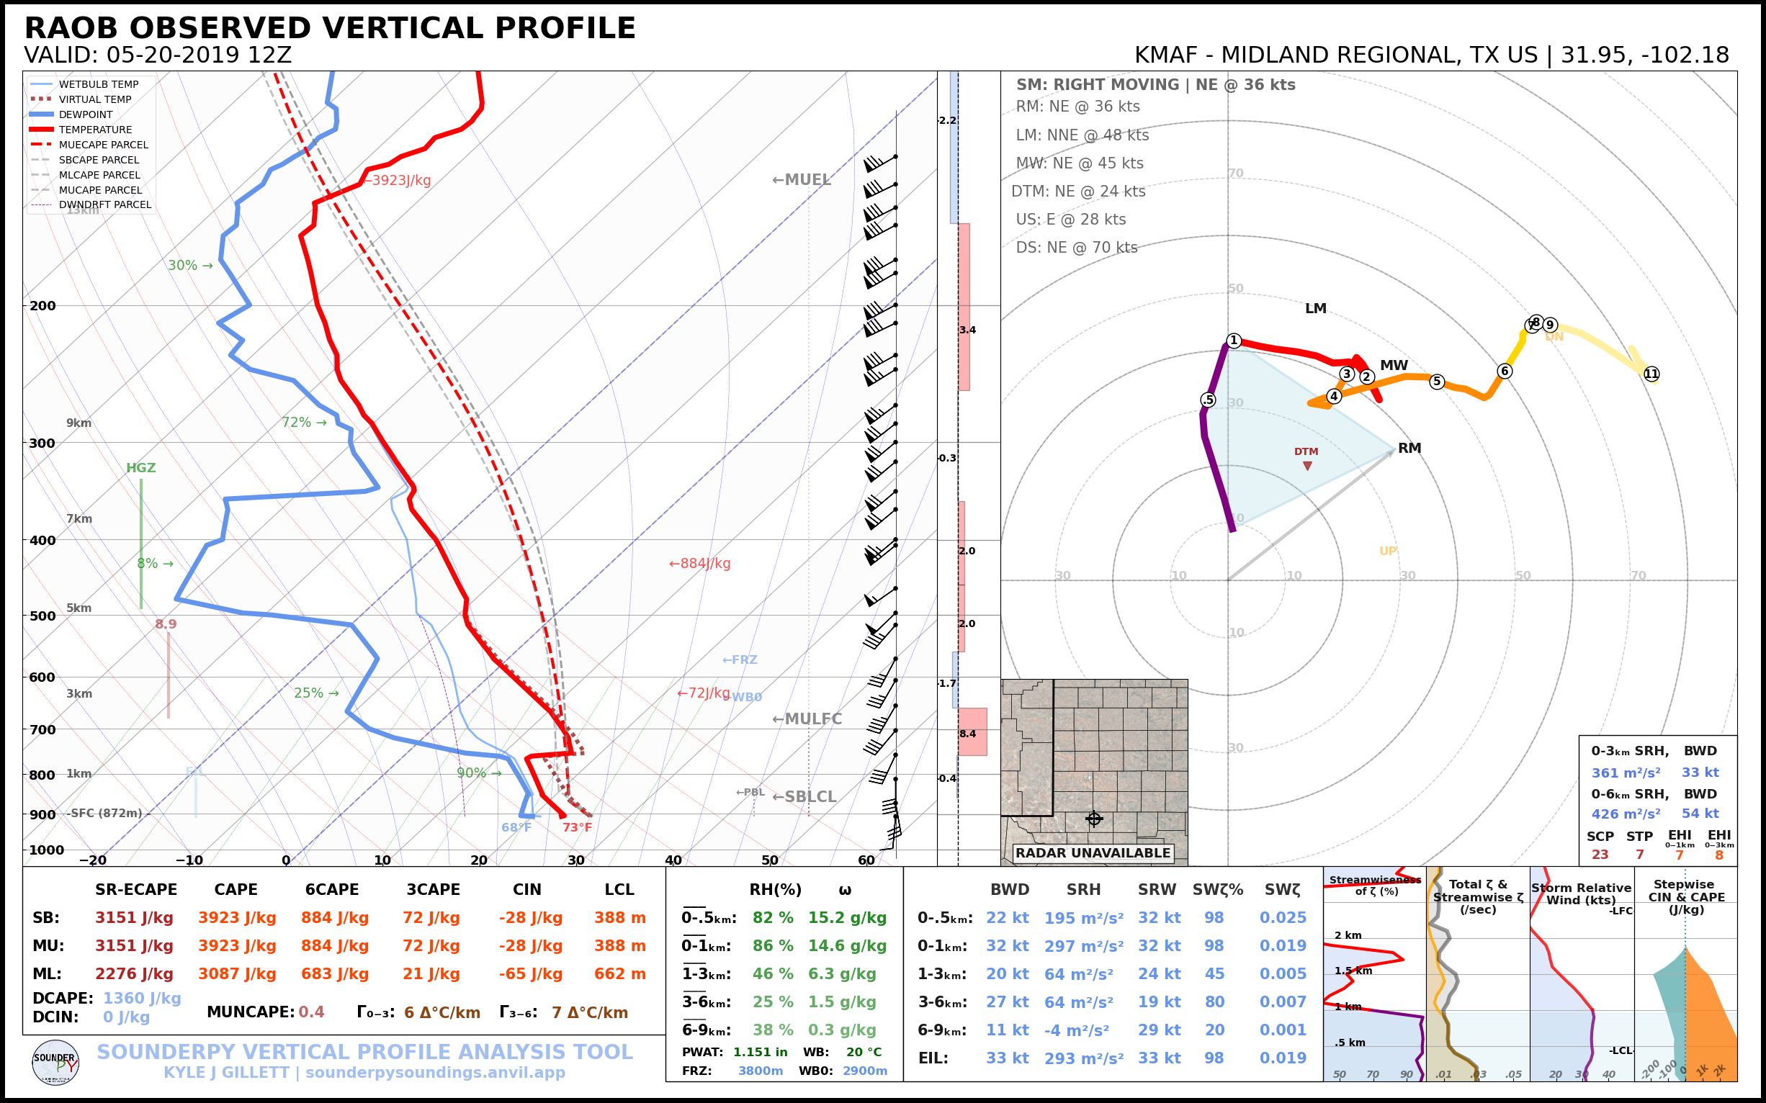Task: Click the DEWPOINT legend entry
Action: pyautogui.click(x=86, y=114)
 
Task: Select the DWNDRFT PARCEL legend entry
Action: pyautogui.click(x=104, y=205)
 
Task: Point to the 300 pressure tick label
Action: pyautogui.click(x=42, y=444)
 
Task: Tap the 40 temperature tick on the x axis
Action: pyautogui.click(x=673, y=860)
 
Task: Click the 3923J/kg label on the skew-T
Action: pyautogui.click(x=400, y=180)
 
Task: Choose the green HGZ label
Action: pyautogui.click(x=141, y=468)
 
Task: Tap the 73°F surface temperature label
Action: pyautogui.click(x=577, y=827)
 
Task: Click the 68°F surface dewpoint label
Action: pyautogui.click(x=516, y=827)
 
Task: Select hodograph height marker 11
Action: pyautogui.click(x=1651, y=374)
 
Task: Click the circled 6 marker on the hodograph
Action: pyautogui.click(x=1505, y=372)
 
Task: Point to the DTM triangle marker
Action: pyautogui.click(x=1307, y=465)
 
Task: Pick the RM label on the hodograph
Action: pyautogui.click(x=1409, y=449)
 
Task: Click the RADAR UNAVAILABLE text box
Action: pyautogui.click(x=1093, y=852)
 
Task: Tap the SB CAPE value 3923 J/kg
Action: pyautogui.click(x=237, y=918)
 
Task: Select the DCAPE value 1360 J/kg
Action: pyautogui.click(x=142, y=998)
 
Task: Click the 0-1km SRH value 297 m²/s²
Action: pyautogui.click(x=1084, y=946)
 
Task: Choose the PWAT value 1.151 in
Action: pyautogui.click(x=761, y=1052)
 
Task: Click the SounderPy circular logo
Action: pyautogui.click(x=55, y=1062)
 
